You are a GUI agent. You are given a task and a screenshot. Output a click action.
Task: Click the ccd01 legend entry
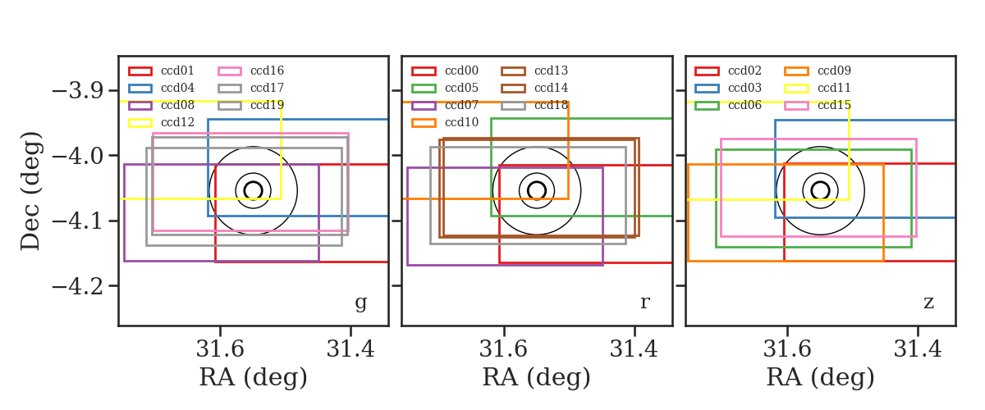coord(177,71)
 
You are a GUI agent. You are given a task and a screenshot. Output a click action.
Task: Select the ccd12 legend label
coord(177,122)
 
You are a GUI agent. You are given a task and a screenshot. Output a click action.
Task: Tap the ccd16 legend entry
coord(267,71)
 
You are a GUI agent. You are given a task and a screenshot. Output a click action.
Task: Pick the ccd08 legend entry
coord(177,105)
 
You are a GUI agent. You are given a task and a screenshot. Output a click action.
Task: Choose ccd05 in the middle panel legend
coord(461,88)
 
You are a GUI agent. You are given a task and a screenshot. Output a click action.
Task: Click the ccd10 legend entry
coord(461,122)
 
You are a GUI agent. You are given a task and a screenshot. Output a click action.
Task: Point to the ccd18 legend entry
coord(551,105)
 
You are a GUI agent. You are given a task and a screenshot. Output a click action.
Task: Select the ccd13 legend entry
coord(551,71)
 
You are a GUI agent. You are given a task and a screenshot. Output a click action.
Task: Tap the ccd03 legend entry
coord(744,88)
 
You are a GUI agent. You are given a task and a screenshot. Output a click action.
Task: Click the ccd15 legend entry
coord(834,105)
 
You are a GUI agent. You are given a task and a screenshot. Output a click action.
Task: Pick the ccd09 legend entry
coord(834,71)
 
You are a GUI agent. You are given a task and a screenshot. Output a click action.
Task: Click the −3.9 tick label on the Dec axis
coord(77,90)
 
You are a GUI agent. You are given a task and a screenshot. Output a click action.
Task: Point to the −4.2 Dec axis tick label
coord(77,286)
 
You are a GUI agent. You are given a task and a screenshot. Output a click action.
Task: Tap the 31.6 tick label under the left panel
coord(220,349)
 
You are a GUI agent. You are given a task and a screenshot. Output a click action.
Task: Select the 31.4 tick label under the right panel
coord(918,349)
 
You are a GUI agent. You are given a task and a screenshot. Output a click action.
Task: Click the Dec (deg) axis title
coord(31,191)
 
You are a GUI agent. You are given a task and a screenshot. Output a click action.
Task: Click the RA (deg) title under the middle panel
coord(537,377)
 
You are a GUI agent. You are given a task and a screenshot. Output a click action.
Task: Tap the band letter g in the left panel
coord(360,303)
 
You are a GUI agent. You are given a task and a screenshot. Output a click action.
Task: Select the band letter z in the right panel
coord(928,303)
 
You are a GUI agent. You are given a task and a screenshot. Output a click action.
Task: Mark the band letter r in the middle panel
coord(644,303)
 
